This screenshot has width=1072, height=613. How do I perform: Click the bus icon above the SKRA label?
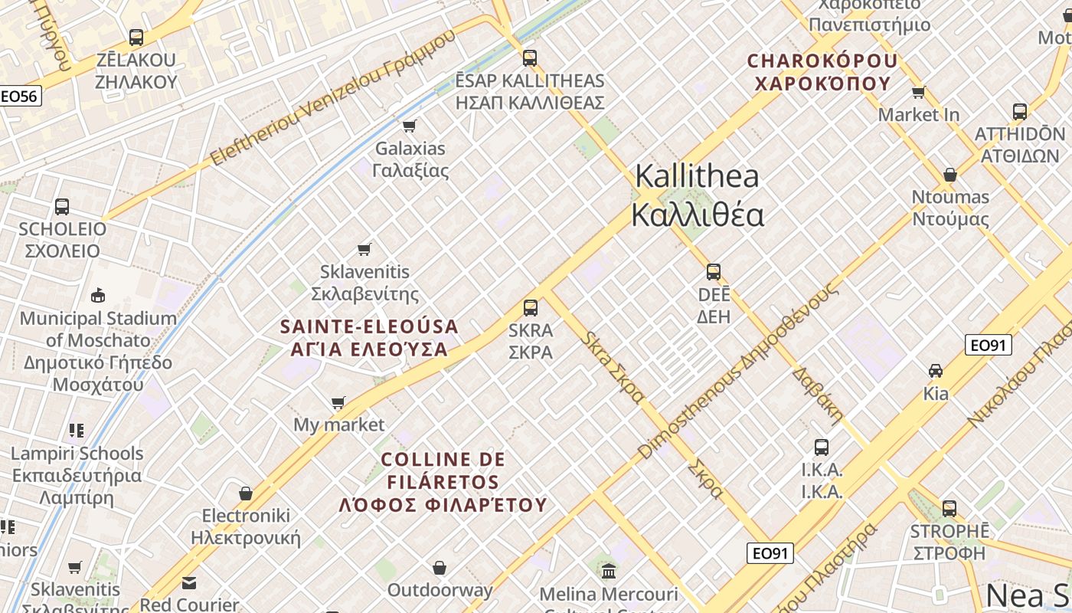click(530, 308)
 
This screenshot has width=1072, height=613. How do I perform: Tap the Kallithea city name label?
click(697, 195)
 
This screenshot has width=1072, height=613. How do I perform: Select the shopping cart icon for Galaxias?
click(410, 126)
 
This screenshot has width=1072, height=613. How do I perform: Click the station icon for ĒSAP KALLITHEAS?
click(529, 57)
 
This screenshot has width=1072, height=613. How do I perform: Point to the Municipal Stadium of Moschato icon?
click(98, 295)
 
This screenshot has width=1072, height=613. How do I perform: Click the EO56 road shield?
click(20, 97)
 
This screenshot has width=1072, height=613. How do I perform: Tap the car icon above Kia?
click(935, 371)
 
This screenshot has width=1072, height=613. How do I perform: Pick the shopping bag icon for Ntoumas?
click(950, 175)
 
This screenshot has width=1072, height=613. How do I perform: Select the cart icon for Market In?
click(919, 93)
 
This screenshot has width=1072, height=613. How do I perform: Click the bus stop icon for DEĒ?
click(714, 272)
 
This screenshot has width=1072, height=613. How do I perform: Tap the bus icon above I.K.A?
click(822, 447)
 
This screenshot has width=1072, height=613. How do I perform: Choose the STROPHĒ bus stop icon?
click(949, 508)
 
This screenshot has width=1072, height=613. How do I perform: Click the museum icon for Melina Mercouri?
click(609, 571)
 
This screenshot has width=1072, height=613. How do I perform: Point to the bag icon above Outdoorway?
click(440, 568)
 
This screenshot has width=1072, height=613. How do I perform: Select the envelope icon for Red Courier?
click(189, 583)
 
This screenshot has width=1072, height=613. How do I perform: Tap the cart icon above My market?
click(338, 402)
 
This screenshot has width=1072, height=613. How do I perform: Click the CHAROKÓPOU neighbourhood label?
click(822, 71)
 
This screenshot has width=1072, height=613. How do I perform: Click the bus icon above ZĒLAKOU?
click(136, 37)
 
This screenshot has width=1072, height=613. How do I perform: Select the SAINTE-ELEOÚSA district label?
click(369, 338)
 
